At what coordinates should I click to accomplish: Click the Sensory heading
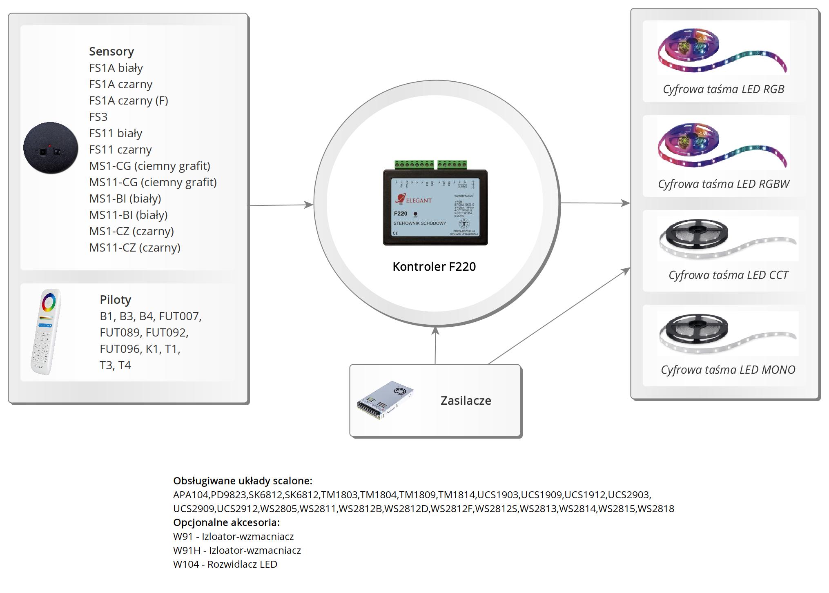(x=111, y=51)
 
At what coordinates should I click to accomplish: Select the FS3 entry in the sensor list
(x=98, y=117)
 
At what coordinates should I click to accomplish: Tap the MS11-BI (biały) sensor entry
(x=128, y=215)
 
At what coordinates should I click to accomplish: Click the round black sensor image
(x=51, y=148)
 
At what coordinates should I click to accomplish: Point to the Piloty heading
(x=116, y=300)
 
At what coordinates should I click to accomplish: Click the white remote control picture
(x=46, y=332)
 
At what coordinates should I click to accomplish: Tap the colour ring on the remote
(x=49, y=302)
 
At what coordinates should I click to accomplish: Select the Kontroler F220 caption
(x=434, y=267)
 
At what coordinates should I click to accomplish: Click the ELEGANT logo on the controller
(x=414, y=200)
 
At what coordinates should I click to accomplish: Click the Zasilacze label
(x=466, y=401)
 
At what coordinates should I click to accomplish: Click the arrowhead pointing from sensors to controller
(x=308, y=205)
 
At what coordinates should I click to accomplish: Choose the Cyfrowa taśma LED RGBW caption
(x=724, y=184)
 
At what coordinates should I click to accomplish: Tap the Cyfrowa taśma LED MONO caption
(x=728, y=370)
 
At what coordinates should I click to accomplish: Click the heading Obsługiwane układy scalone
(x=243, y=481)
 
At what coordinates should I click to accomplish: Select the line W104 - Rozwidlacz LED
(x=225, y=564)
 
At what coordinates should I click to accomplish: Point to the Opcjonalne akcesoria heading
(x=226, y=522)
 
